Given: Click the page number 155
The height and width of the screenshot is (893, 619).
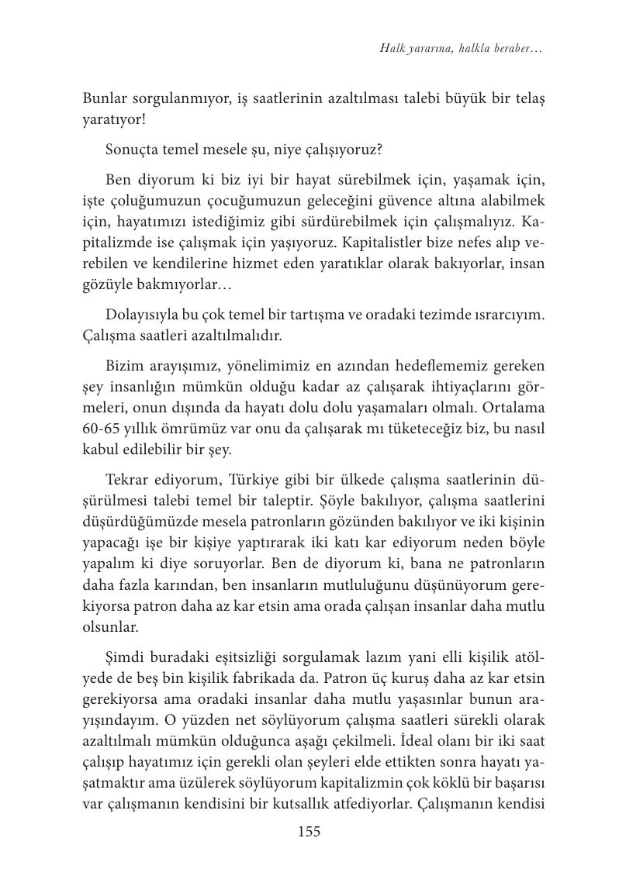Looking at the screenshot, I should pos(309,831).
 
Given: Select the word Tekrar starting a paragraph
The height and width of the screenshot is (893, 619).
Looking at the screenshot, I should pos(128,479).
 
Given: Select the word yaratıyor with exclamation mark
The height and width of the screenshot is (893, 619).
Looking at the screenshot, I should pos(114,120).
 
